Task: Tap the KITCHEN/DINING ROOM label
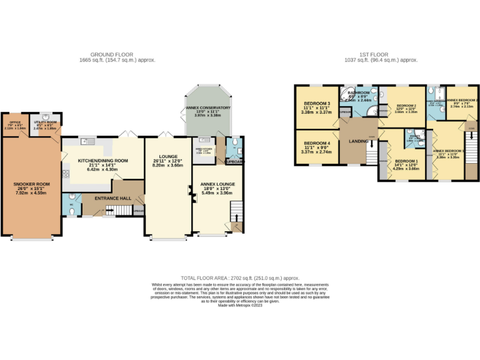(x=102, y=161)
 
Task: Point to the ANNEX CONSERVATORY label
(x=208, y=108)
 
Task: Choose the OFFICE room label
(x=14, y=121)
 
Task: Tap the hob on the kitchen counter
(x=66, y=172)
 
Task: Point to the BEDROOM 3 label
(x=317, y=103)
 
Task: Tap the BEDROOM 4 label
(x=316, y=143)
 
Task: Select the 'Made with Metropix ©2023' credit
(x=240, y=304)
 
